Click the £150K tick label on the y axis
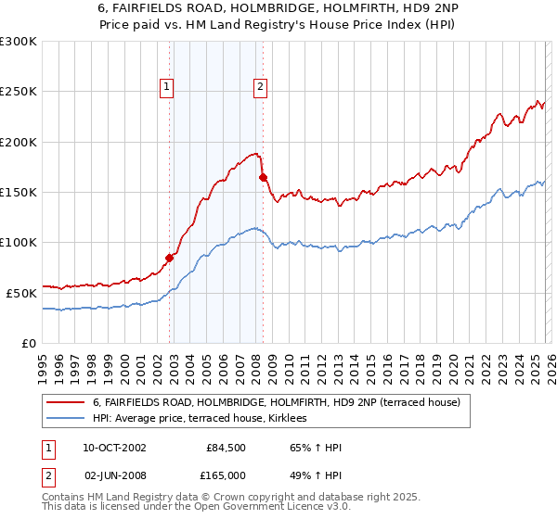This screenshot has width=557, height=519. (19, 193)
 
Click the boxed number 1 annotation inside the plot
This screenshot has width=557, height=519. (166, 88)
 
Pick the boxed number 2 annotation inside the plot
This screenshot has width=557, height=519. (260, 88)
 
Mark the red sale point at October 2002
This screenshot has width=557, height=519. (170, 258)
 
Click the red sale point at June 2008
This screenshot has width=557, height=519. (263, 177)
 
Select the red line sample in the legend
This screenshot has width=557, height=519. (66, 402)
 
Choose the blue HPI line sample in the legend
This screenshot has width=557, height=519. (66, 419)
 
